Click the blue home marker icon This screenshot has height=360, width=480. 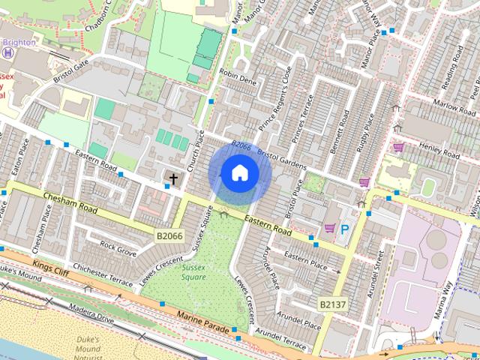[239, 172]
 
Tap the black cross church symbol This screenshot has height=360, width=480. [173, 179]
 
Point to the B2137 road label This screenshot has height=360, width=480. [334, 304]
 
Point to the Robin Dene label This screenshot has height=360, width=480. [238, 77]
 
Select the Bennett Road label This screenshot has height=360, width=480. [340, 128]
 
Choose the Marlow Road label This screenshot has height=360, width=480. [454, 106]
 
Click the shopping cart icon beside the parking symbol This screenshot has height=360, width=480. [328, 228]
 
